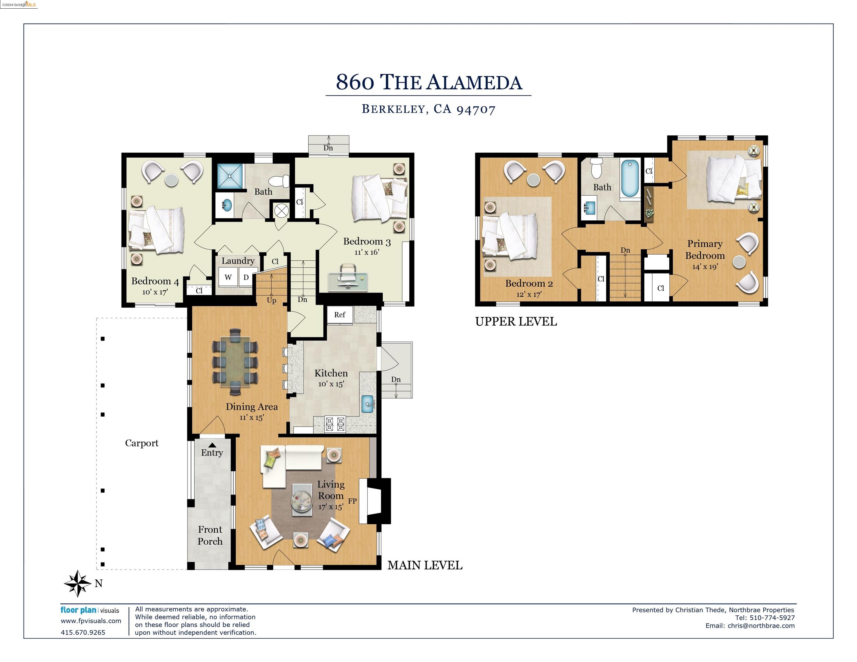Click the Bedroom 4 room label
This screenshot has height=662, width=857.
155,281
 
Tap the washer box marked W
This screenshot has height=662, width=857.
228,277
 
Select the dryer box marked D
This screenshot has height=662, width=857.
246,277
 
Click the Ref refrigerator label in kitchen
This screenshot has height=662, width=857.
340,315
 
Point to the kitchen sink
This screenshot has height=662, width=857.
368,404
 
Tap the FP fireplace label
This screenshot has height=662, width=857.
352,501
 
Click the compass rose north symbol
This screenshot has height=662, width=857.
78,584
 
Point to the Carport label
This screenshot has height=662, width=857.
142,443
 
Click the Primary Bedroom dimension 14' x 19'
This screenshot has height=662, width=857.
705,267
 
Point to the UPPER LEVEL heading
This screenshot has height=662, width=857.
516,322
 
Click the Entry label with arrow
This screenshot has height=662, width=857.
212,451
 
